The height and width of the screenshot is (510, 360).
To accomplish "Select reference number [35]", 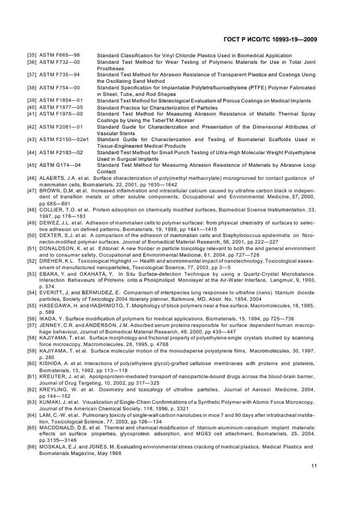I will (33, 56).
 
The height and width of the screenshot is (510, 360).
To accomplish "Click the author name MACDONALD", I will (58, 429).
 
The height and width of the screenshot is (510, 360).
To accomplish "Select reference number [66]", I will (33, 447).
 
